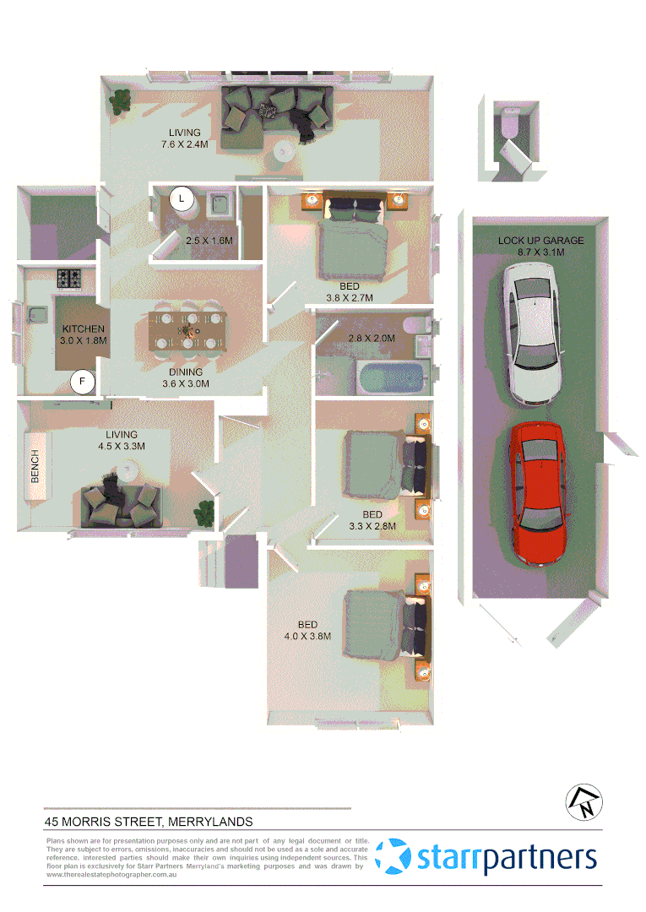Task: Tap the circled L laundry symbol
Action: pos(181,199)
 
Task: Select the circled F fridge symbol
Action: pos(83,383)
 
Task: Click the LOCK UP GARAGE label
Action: pos(540,241)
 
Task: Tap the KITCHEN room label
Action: pos(83,328)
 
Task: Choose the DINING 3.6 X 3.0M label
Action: pos(185,377)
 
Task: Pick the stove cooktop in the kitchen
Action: pos(68,277)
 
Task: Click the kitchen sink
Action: pos(36,315)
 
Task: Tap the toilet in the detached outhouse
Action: pos(509,122)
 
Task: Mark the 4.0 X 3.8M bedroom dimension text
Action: pos(307,636)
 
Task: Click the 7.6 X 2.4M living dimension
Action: pos(184,144)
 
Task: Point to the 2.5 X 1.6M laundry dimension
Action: pos(209,241)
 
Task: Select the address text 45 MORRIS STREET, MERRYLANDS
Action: pos(149,821)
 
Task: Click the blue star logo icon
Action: pos(394,856)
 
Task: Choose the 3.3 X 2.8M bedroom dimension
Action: pos(372,525)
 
